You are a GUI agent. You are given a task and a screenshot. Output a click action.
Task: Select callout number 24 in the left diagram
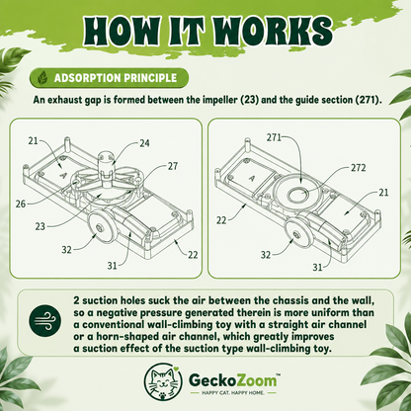tap(144, 143)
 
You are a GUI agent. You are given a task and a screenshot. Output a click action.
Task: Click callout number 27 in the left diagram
tap(173, 166)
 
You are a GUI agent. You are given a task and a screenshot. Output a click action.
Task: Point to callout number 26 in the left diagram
tap(21, 204)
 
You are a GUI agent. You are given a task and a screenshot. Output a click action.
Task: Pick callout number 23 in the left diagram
tap(41, 226)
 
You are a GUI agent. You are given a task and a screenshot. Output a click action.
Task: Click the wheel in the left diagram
tap(100, 228)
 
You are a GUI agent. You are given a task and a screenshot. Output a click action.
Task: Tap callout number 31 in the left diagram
tap(113, 265)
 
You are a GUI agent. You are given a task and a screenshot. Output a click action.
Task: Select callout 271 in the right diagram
tap(274, 137)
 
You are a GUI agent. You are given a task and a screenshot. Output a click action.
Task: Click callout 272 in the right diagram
tap(359, 168)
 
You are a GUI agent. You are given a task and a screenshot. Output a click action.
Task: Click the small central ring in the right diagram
tap(298, 195)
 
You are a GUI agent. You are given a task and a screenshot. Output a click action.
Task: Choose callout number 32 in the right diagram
tap(266, 255)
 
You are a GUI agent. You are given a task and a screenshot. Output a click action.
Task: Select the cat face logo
tap(163, 381)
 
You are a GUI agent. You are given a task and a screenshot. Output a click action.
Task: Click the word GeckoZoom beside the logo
tap(233, 380)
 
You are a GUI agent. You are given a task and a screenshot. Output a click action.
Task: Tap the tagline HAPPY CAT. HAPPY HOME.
tap(233, 393)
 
